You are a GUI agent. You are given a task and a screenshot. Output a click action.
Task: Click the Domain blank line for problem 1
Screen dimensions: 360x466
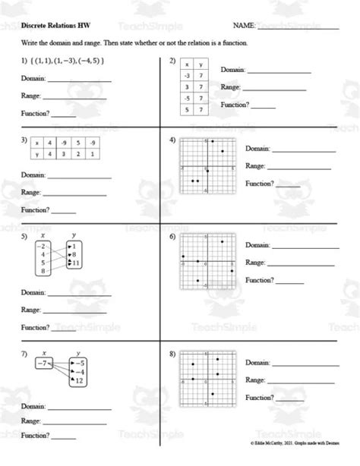(79, 80)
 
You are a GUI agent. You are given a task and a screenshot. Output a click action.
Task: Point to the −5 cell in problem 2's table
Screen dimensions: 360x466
(187, 99)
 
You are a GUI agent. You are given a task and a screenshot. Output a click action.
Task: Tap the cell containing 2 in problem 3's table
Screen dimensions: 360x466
(80, 155)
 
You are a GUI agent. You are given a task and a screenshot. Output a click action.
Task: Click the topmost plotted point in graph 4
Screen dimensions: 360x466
(213, 142)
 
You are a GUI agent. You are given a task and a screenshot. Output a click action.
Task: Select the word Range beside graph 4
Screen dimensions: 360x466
(254, 166)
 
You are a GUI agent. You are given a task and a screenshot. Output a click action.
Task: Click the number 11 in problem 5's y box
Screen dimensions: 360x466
(74, 263)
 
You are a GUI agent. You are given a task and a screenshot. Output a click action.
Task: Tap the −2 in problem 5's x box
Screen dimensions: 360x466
(43, 247)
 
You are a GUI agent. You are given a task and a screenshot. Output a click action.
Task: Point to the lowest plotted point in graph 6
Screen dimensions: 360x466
(198, 281)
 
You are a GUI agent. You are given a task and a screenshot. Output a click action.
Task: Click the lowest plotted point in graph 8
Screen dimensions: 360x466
(213, 394)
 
